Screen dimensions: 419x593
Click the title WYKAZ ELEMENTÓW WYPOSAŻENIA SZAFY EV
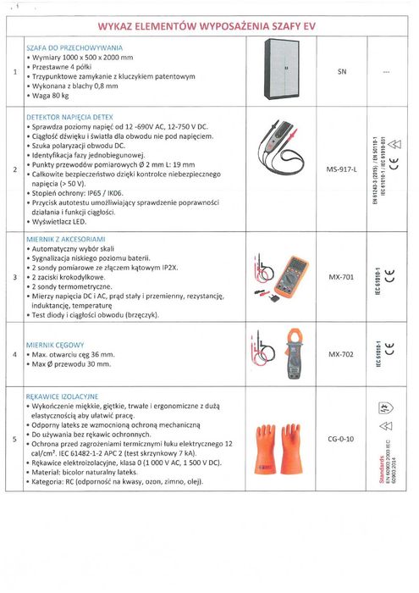coord(207,25)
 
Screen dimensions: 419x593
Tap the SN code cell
coord(342,73)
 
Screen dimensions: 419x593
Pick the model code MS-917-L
coord(342,169)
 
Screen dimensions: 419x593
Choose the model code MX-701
coord(341,276)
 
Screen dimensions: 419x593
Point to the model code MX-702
coord(341,353)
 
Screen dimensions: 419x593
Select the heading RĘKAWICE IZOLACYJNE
coord(63,396)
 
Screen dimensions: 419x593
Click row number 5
coord(15,439)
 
